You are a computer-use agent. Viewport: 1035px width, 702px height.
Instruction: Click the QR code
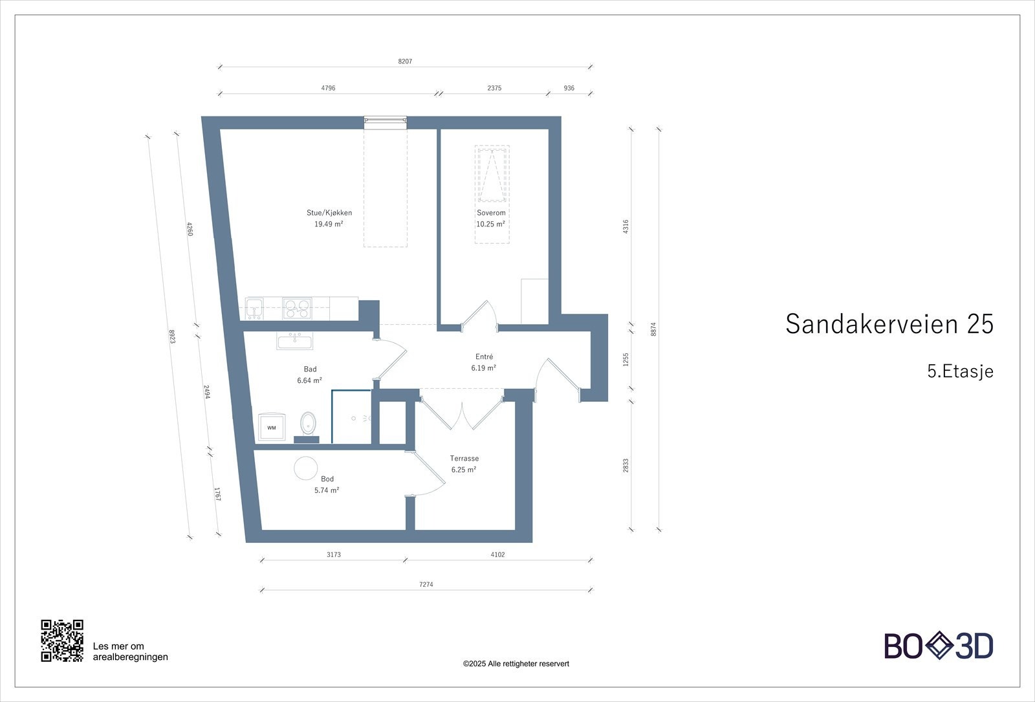click(62, 641)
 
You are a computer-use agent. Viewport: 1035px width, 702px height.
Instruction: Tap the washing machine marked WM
click(271, 427)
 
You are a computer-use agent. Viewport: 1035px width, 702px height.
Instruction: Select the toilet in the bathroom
click(308, 424)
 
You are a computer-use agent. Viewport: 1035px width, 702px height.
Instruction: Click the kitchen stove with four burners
click(297, 308)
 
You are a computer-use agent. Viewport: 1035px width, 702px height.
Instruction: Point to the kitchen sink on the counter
click(254, 308)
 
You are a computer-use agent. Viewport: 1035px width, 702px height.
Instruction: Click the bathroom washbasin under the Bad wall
click(294, 341)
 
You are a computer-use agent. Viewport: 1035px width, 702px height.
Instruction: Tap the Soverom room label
click(491, 213)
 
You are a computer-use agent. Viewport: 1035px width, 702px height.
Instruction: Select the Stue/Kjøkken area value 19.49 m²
click(329, 225)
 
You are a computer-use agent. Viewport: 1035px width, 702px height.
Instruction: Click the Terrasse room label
click(464, 459)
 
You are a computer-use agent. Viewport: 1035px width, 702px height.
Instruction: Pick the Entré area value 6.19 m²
click(483, 368)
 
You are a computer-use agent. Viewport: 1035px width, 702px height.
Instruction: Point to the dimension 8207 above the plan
click(405, 61)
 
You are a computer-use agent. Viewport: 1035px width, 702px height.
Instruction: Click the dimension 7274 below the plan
click(426, 584)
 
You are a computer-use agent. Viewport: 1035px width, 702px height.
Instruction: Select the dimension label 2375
click(494, 88)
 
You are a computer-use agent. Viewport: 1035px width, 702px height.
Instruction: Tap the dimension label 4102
click(497, 554)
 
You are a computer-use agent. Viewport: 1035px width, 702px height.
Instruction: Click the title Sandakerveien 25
click(889, 324)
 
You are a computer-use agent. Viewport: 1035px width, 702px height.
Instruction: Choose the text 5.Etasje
click(960, 371)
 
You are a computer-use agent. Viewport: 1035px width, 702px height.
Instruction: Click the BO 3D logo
click(939, 646)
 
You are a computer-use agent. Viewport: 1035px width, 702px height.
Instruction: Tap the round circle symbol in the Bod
click(305, 468)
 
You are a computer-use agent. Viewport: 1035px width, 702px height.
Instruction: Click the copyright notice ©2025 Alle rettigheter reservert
click(516, 664)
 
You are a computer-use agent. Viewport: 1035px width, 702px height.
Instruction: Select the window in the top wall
click(385, 120)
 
